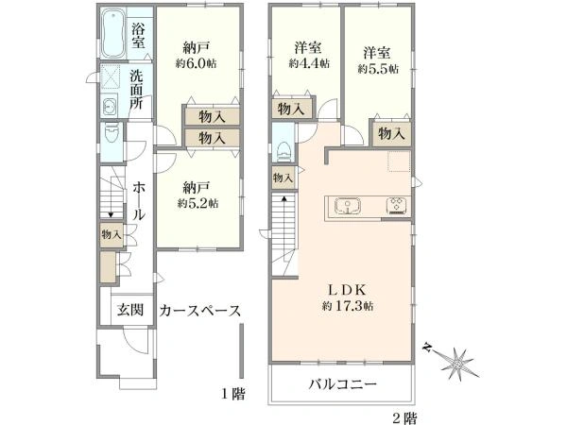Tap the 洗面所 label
point(138,90)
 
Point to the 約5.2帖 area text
point(198,202)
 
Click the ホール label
point(138,201)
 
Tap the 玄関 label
point(129,310)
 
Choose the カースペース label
point(201,310)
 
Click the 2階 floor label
point(406,416)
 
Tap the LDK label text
point(341,289)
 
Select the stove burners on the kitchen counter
point(395,207)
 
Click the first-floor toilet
point(111,128)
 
